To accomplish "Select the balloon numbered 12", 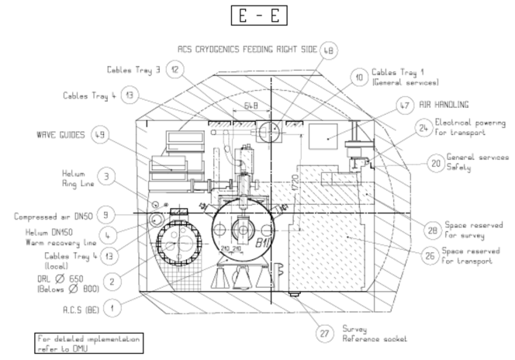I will tap(175, 70).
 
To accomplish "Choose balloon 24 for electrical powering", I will tap(422, 127).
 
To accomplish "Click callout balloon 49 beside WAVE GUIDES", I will tap(100, 134).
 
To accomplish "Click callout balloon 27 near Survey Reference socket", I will tap(325, 333).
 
